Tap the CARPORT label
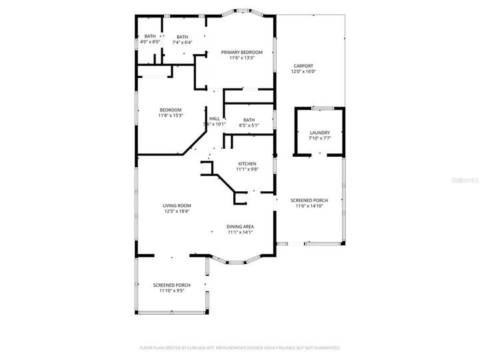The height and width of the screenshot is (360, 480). (x=302, y=66)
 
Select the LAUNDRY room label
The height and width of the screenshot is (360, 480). (x=319, y=133)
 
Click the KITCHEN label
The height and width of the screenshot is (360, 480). (x=247, y=163)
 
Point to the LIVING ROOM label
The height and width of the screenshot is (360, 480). (x=177, y=205)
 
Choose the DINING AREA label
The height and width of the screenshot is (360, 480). (x=240, y=227)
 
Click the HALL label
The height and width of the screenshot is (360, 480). (x=214, y=119)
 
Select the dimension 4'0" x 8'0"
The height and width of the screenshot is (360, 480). (x=150, y=42)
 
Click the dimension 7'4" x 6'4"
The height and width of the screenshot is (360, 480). (x=182, y=42)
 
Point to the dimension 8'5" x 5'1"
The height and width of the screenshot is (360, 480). (x=249, y=125)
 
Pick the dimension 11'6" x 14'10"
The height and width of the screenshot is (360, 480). (x=309, y=206)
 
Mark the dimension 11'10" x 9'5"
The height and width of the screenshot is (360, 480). (x=171, y=291)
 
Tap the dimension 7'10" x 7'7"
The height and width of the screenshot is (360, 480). (x=319, y=138)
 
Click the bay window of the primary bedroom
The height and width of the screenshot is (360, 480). (x=241, y=11)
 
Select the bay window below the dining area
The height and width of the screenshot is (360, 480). (x=241, y=260)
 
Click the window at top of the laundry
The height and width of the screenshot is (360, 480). (x=319, y=107)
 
